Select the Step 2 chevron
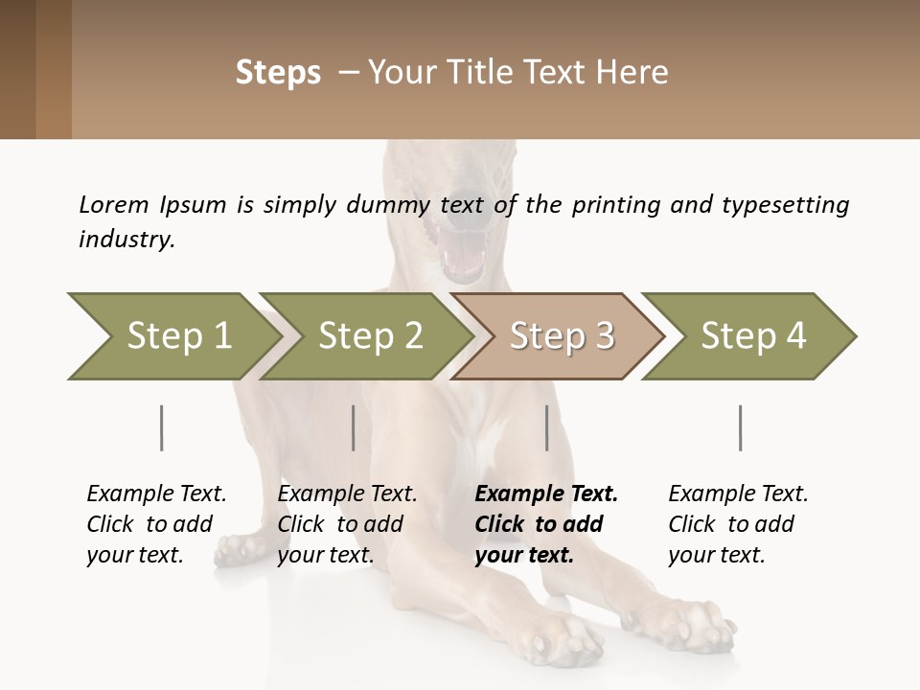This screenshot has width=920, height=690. point(369,336)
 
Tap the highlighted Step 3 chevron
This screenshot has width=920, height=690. point(561,336)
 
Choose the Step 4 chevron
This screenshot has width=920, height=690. point(752,336)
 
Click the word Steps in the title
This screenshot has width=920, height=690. point(278,73)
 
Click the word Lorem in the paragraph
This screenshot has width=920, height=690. point(114,204)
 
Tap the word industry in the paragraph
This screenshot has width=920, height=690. point(126,240)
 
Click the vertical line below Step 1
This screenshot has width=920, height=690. point(161,427)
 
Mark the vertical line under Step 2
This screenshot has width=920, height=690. point(354,427)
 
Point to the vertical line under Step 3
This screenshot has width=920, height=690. point(547,427)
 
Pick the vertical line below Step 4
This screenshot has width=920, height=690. point(741,427)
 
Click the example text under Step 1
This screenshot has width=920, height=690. point(156,524)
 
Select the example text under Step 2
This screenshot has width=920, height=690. point(347,524)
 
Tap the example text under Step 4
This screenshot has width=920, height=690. point(738,524)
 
